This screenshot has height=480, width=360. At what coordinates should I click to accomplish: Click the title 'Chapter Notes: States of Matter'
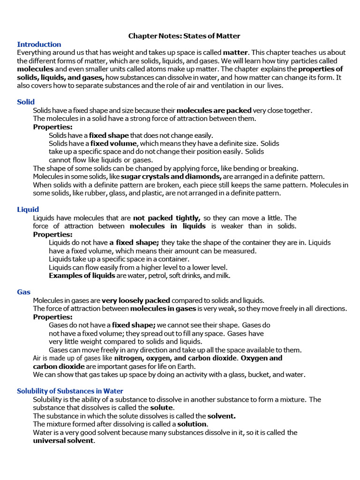(x=184, y=36)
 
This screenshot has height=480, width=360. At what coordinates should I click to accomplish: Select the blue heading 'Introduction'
(x=39, y=44)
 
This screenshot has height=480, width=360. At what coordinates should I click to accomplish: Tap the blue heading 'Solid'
(x=26, y=102)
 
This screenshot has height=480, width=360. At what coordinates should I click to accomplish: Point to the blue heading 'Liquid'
(x=28, y=209)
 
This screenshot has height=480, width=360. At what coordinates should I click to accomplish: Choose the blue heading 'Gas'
(x=23, y=292)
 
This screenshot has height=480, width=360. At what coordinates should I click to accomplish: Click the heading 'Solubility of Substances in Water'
(x=70, y=390)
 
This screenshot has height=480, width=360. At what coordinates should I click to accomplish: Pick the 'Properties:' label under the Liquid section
(x=52, y=234)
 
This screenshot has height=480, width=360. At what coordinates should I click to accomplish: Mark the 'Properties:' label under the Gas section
(x=52, y=317)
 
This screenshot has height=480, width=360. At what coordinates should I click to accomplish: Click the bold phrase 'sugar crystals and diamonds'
(x=171, y=177)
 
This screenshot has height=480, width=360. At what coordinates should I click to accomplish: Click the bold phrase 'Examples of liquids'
(x=82, y=276)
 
